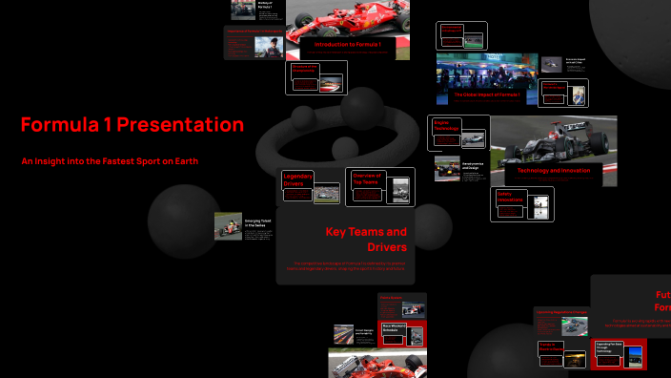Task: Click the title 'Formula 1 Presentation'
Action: (132, 125)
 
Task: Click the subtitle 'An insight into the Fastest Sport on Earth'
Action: (110, 160)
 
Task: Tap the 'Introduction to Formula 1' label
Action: (348, 45)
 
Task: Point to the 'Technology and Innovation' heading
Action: (554, 170)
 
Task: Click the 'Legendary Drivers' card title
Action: (297, 178)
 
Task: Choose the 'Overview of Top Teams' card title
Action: (367, 178)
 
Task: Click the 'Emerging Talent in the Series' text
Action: (258, 223)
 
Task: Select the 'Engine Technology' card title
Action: (447, 125)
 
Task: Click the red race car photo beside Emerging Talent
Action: (228, 225)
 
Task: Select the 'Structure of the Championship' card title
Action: (304, 69)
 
